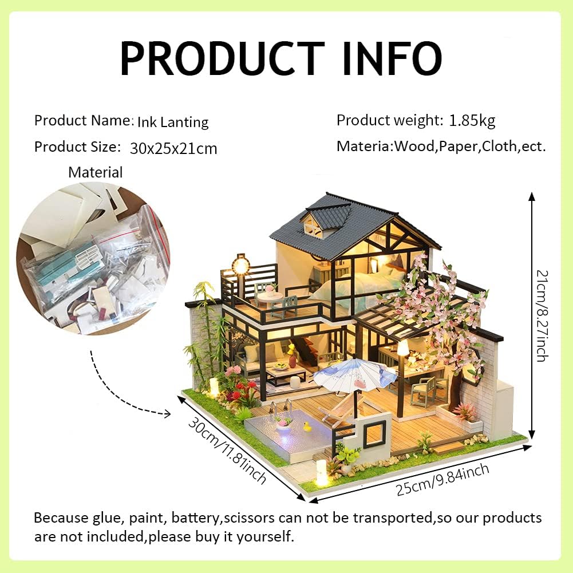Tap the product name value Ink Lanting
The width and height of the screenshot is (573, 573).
[x=173, y=122]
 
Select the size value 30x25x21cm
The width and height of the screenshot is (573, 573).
[x=173, y=148]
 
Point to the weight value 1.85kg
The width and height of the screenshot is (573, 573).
[x=472, y=120]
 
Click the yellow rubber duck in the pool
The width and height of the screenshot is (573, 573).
[x=307, y=426]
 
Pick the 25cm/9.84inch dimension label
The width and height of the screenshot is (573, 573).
[x=442, y=480]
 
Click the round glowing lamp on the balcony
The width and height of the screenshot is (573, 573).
[x=240, y=265]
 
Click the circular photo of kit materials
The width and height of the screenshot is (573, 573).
[x=93, y=258]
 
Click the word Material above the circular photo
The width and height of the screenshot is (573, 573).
[x=95, y=172]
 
